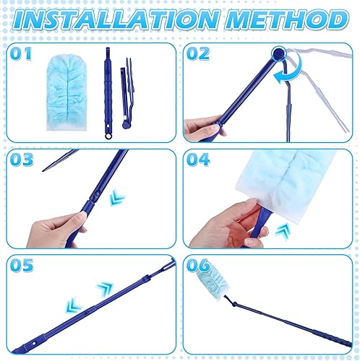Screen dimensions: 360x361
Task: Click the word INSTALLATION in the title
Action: tap(116, 20)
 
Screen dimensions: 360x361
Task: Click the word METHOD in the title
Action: tap(287, 20)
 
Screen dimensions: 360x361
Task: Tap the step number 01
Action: tap(21, 53)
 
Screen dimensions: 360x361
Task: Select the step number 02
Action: tap(198, 53)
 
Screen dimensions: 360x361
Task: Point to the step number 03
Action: tap(22, 160)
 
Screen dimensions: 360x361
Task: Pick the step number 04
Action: tap(198, 160)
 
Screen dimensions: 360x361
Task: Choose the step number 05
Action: tap(22, 265)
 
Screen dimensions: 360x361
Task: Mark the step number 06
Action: tap(198, 265)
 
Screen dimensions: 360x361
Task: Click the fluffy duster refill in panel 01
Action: tap(67, 92)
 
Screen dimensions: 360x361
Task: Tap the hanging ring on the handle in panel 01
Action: tap(108, 136)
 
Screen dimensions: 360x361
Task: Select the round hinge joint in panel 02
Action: tap(278, 53)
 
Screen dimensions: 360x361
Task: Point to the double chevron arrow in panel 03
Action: tap(117, 197)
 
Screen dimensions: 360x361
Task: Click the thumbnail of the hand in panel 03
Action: tap(82, 214)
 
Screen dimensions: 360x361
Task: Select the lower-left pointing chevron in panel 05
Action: tap(74, 305)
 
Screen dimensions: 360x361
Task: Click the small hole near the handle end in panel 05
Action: tap(34, 344)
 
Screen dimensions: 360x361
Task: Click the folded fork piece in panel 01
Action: tap(127, 94)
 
